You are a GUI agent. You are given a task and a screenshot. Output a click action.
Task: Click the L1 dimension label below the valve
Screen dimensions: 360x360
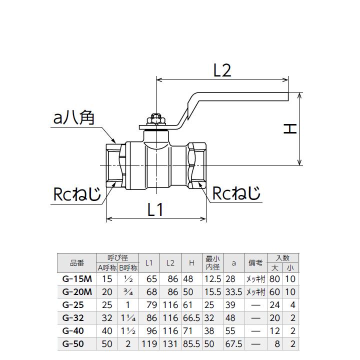[155, 210]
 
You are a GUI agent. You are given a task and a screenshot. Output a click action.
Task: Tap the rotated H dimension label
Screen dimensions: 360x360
[290, 129]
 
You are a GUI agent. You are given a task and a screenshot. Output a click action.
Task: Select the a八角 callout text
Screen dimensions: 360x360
[73, 118]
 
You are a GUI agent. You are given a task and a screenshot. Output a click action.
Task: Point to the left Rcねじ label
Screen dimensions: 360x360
[77, 194]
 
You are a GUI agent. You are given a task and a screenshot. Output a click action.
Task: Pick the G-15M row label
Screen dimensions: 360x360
[74, 279]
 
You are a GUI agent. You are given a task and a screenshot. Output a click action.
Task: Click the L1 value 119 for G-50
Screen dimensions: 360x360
[149, 344]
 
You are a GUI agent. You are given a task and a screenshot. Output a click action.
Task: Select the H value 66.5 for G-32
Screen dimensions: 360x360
[191, 318]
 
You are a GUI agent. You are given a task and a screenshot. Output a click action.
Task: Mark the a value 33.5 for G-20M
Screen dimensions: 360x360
[233, 292]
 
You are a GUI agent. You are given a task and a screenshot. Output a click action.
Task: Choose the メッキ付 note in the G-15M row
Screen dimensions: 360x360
[255, 279]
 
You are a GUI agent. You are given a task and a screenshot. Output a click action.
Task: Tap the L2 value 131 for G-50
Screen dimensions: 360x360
[170, 344]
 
